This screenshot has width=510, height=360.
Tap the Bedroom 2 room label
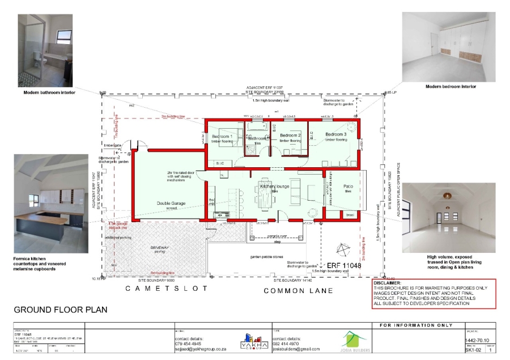(290, 135)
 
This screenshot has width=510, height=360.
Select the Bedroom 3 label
(335, 134)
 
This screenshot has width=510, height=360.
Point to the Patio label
(348, 186)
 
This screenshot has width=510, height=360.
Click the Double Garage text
(172, 202)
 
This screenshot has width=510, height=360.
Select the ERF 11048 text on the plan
(344, 265)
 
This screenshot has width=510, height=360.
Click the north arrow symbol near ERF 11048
(342, 249)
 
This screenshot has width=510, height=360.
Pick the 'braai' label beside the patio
(350, 215)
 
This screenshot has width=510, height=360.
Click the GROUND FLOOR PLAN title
(60, 310)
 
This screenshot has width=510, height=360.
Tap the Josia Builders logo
(355, 341)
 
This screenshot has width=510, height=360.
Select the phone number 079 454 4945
(188, 344)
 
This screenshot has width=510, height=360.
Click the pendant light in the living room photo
(447, 196)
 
